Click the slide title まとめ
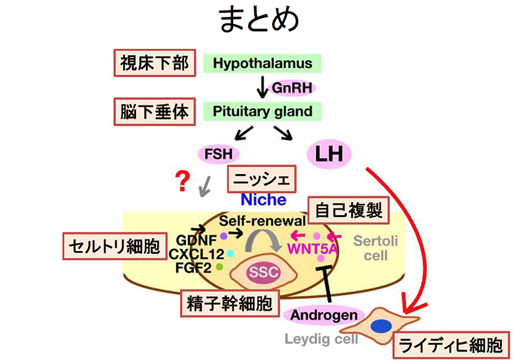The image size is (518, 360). (x=259, y=20)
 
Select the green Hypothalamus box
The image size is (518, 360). (x=262, y=63)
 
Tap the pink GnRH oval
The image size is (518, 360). (x=292, y=88)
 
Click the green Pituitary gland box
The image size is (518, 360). (x=262, y=111)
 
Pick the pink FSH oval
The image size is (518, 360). (x=218, y=154)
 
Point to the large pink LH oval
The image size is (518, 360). (x=329, y=153)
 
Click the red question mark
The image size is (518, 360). (x=183, y=181)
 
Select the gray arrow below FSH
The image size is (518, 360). (x=205, y=186)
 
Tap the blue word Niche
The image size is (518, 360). (x=264, y=199)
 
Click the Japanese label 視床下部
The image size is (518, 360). (x=155, y=63)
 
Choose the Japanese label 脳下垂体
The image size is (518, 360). (x=155, y=111)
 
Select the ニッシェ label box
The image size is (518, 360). (x=262, y=179)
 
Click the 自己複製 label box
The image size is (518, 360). (x=348, y=210)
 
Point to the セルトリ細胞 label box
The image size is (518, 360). (x=115, y=246)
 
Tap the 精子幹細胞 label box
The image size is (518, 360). (x=230, y=303)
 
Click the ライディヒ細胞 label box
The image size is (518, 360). (x=451, y=345)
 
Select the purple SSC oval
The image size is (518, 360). (x=264, y=272)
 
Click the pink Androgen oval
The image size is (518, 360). (x=324, y=315)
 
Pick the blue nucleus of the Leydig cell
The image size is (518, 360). (x=381, y=326)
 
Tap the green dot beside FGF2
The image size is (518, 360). (x=220, y=267)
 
